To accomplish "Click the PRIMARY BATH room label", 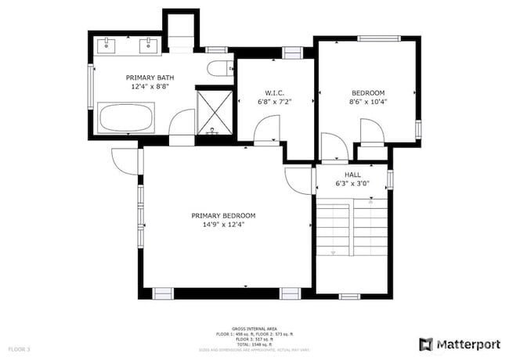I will coord(150,77).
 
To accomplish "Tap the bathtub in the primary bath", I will coord(126,120).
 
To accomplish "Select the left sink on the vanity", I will coord(106,46).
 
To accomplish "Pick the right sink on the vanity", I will coord(147,46).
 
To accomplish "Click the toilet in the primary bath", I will coord(218,68).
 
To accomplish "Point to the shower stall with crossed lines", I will coord(213,110).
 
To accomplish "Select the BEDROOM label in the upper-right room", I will coord(368,91).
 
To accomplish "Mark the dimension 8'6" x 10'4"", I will coord(368,101).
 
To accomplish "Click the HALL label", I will coord(352,175).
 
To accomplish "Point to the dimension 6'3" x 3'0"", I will coord(352,185).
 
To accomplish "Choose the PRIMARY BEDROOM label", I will coord(223,215).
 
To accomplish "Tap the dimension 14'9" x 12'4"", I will coord(223,225).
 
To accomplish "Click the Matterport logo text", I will coord(467,344).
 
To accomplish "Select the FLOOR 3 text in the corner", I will coord(19,348).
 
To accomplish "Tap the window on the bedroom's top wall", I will coord(378,38).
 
